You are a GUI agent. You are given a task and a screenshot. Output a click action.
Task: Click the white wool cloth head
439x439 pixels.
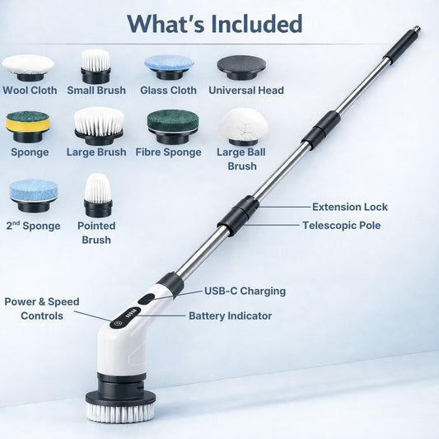[x=28, y=68]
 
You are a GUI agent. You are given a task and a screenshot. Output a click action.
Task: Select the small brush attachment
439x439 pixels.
[x=96, y=67]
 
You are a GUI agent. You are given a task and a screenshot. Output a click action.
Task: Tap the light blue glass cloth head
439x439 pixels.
[x=169, y=67]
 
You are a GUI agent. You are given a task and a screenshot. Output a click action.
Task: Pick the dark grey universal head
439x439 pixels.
[x=241, y=68]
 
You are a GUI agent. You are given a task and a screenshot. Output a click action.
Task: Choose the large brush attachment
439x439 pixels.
[x=99, y=126]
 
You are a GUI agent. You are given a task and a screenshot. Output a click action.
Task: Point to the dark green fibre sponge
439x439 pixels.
[x=173, y=126]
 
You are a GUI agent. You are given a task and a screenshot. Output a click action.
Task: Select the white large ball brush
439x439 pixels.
[x=243, y=127]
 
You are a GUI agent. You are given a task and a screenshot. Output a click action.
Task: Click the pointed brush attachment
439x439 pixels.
[x=98, y=195]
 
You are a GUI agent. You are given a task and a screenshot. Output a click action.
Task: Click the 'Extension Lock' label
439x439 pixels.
[x=350, y=208]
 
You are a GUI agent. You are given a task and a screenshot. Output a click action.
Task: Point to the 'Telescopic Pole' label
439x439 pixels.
[x=341, y=226]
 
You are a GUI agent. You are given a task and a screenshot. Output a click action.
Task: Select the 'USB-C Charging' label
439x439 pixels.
[x=245, y=292]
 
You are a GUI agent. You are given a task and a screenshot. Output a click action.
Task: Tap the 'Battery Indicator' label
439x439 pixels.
[x=230, y=316]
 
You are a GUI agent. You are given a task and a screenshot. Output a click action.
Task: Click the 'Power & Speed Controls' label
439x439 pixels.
[x=42, y=309]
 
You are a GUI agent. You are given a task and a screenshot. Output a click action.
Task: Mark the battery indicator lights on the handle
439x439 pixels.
[x=131, y=315]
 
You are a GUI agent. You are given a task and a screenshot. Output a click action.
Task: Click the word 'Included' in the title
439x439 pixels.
[x=256, y=24]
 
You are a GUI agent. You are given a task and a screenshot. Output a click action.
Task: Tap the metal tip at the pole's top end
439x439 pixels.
[x=417, y=29]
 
